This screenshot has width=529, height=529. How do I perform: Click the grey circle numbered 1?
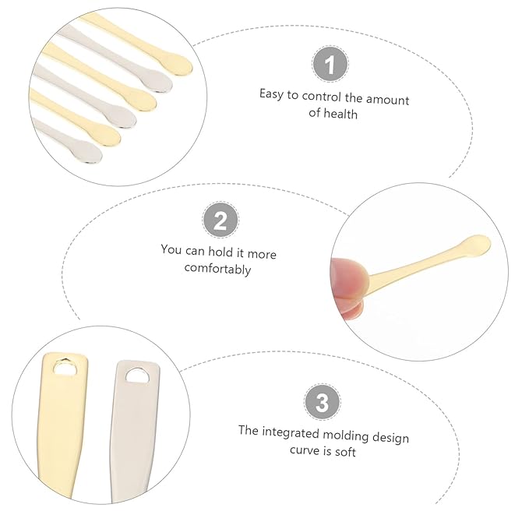pyautogui.click(x=330, y=64)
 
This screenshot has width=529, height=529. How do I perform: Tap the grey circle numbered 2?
pyautogui.click(x=220, y=220)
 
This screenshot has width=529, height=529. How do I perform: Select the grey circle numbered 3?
pyautogui.click(x=322, y=404)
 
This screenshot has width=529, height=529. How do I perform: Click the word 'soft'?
pyautogui.click(x=344, y=452)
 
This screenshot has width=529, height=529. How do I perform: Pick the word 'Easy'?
pyautogui.click(x=272, y=93)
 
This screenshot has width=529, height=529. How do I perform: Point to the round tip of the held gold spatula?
pyautogui.click(x=477, y=244)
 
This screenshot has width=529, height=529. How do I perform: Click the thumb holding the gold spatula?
pyautogui.click(x=347, y=276)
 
